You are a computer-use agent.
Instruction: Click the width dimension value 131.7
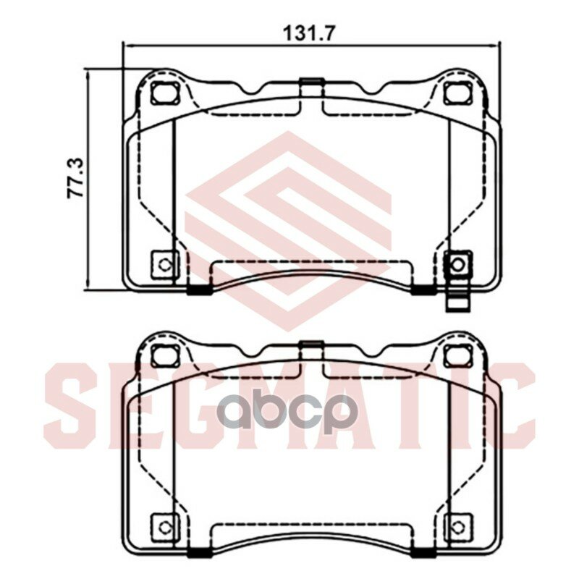point(310,32)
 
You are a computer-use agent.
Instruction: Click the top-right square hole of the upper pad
point(456,93)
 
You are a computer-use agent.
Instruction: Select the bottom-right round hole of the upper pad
point(457,264)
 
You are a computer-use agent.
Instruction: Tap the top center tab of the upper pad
point(310,85)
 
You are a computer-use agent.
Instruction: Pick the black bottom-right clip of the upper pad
point(423,291)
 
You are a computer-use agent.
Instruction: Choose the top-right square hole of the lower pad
point(456,355)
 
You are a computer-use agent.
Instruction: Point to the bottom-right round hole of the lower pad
point(457,526)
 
